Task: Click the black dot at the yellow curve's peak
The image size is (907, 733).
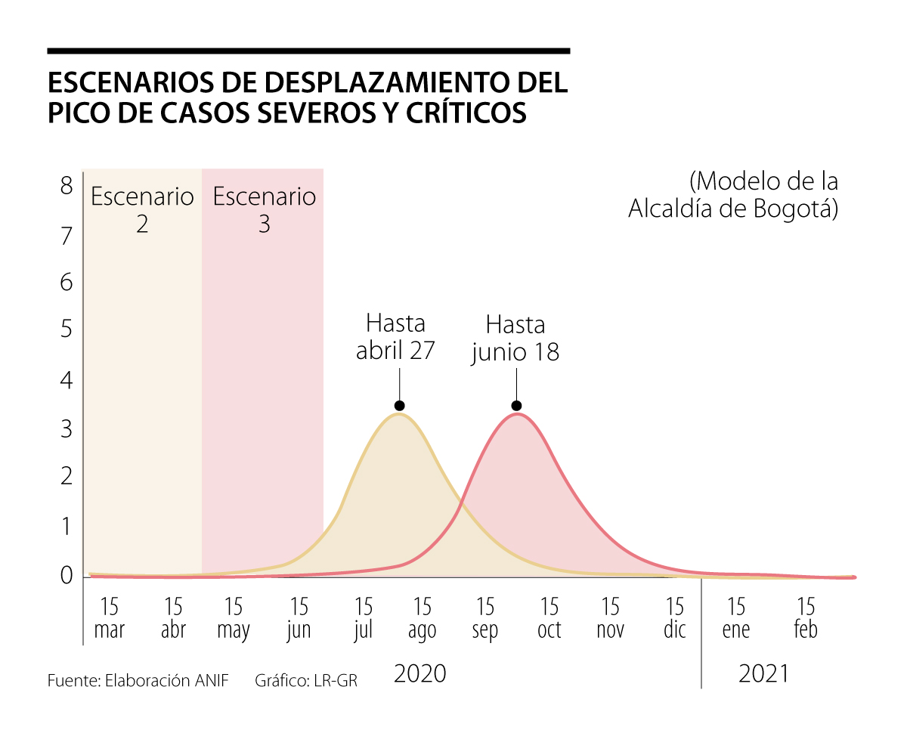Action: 399,405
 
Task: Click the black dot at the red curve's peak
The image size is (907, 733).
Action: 516,406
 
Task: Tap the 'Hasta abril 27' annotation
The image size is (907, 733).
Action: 395,337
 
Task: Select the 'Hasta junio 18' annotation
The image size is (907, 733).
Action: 515,339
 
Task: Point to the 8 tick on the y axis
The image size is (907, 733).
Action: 67,185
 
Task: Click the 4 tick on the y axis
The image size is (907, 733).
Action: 67,380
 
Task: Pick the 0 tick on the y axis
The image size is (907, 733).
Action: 67,576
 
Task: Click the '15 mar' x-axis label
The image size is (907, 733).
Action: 110,618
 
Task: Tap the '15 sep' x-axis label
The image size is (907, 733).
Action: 485,618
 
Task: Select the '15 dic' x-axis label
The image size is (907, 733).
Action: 674,618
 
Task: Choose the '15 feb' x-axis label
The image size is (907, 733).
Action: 806,618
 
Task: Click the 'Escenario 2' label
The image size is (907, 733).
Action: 142,209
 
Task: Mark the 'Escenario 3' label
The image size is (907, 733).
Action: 264,209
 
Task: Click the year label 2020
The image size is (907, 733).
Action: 420,673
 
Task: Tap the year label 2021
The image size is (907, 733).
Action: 763,673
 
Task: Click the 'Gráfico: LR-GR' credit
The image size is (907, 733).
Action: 306,680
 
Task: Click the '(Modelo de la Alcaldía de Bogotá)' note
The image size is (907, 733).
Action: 733,195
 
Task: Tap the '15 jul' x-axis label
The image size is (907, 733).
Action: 364,618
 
